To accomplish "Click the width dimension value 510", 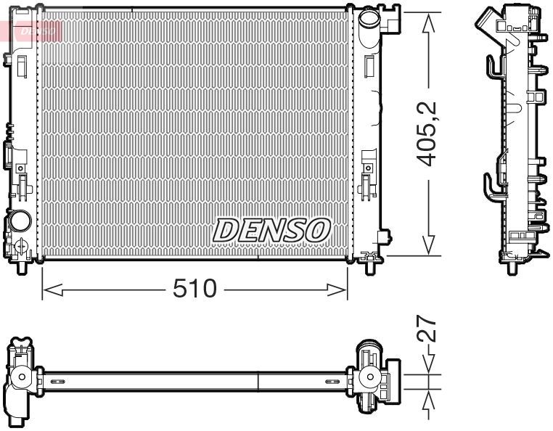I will coord(194,290).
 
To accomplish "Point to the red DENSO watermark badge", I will coord(32,30).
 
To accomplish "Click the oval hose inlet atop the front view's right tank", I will coord(369,17).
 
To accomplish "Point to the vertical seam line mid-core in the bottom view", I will coord(258,380).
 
